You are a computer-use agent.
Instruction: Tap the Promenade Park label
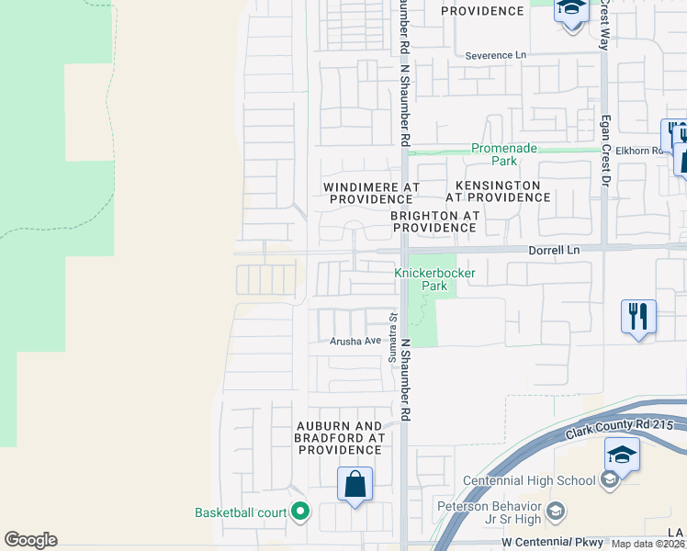pos(503,154)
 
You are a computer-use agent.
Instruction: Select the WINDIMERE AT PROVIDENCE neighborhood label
pos(371,193)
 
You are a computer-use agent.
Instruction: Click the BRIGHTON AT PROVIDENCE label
pos(435,221)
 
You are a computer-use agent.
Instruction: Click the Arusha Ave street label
pos(355,341)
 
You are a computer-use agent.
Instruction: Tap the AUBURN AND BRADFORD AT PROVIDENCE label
pos(338,438)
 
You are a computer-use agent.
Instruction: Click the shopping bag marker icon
pos(355,484)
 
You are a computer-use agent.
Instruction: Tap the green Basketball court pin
pos(299,512)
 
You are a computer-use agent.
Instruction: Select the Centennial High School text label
pos(529,480)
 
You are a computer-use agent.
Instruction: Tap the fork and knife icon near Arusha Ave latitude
pos(637,317)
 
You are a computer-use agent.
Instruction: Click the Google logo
pos(30,540)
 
